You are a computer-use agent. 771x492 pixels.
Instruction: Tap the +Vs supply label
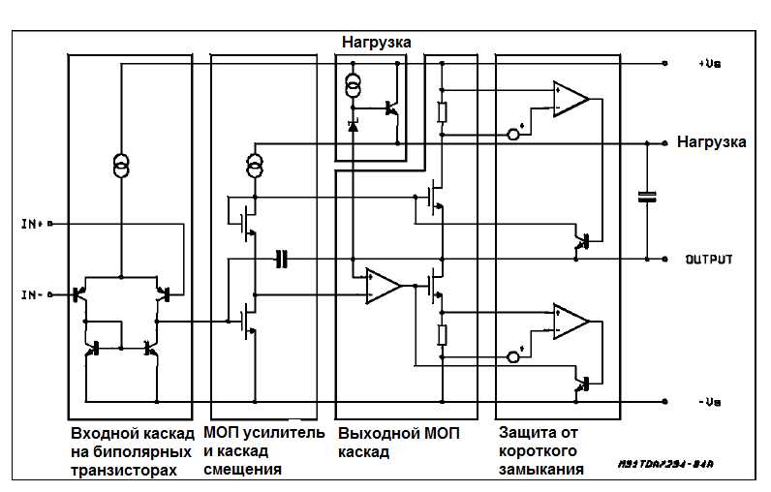click(x=708, y=64)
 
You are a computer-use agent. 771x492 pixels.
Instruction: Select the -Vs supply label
click(x=708, y=401)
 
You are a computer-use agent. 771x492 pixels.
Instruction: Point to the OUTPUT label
click(x=709, y=260)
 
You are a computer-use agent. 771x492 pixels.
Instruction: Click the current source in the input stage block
click(x=122, y=166)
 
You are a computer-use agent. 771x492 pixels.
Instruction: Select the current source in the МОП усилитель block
click(x=254, y=166)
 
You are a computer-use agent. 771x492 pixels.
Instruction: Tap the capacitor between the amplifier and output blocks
click(x=281, y=259)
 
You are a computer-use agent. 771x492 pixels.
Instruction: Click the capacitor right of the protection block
click(x=646, y=198)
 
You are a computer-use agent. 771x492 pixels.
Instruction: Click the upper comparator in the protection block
click(x=571, y=98)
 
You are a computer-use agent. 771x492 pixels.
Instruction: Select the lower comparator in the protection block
click(x=571, y=322)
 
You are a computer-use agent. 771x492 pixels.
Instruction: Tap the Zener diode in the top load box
click(x=354, y=126)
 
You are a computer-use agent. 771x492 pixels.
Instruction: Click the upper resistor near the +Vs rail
click(x=442, y=112)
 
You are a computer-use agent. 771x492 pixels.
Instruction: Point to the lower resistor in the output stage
click(x=442, y=335)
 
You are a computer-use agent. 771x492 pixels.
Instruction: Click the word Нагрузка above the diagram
click(x=376, y=42)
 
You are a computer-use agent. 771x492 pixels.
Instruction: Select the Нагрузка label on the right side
click(x=711, y=141)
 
